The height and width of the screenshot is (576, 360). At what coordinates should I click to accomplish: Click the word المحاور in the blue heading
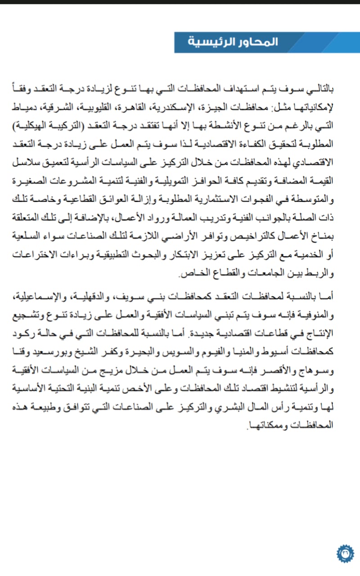coord(261,42)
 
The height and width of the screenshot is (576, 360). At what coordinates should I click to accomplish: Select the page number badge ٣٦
coord(345,553)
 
